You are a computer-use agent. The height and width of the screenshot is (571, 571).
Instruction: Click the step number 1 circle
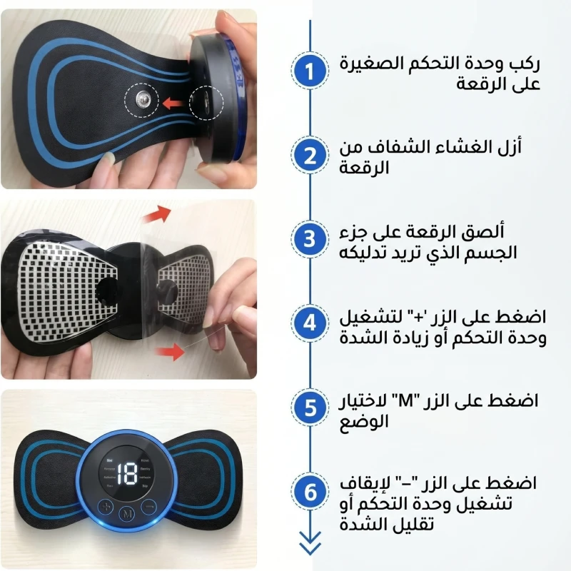pos(310,71)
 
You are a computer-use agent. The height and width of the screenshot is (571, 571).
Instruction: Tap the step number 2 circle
pos(310,155)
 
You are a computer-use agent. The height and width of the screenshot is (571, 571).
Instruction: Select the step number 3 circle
pos(310,239)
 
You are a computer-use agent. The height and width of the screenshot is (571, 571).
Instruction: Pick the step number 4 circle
pos(310,323)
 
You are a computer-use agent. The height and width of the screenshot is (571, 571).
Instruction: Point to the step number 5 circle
pos(310,407)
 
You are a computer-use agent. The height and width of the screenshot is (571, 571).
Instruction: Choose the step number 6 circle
pos(310,492)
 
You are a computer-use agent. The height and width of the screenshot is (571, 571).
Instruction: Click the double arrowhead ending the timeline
pos(310,543)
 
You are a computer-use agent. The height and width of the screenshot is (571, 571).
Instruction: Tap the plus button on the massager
pos(106,507)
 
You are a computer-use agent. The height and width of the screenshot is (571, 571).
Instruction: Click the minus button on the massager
pos(149,506)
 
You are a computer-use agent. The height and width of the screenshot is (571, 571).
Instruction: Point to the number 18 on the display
pos(126,475)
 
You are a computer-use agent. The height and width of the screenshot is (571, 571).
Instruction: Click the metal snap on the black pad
pos(142,99)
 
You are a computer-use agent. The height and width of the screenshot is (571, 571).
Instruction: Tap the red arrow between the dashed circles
pos(173,103)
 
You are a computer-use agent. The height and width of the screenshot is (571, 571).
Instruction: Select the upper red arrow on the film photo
pos(156,215)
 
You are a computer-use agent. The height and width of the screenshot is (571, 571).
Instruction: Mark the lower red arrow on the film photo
pos(170,352)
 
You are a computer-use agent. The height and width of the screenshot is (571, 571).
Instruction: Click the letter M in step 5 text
pos(405,401)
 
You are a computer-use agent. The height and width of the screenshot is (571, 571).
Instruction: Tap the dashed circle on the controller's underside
pos(206,103)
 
